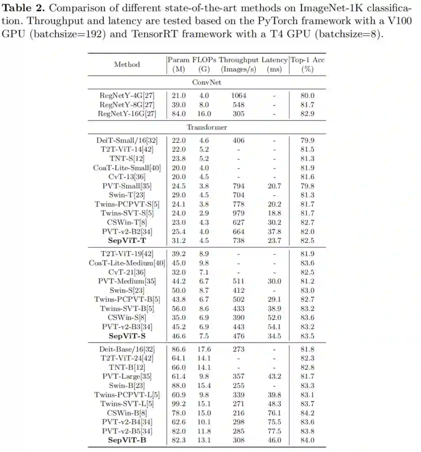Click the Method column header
point(127,64)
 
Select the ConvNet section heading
point(207,82)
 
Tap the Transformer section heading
point(207,127)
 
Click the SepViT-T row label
point(127,241)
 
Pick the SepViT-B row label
point(127,440)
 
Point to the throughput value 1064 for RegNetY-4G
point(238,95)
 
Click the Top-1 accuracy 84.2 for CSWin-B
point(307,413)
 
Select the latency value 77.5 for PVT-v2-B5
point(274,431)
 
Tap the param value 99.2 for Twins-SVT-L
point(179,404)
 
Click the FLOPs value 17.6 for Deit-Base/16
point(204,350)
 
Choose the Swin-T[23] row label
point(127,195)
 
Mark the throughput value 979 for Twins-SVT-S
point(238,213)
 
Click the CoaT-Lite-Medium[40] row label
point(127,263)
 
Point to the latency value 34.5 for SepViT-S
point(274,336)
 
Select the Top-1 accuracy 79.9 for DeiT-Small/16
point(307,140)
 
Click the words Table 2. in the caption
point(24,8)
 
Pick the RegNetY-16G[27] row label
point(127,114)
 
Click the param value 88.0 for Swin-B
point(179,386)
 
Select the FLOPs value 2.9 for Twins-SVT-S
point(204,213)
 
